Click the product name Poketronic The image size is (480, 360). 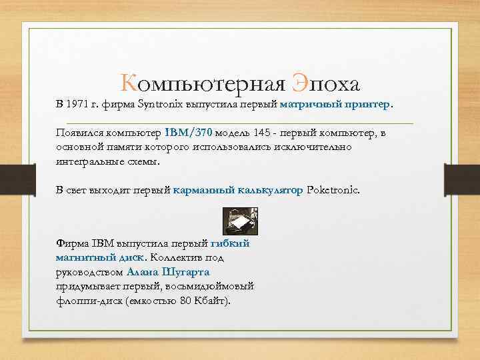tap(333, 190)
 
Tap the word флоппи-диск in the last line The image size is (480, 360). tap(87, 301)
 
